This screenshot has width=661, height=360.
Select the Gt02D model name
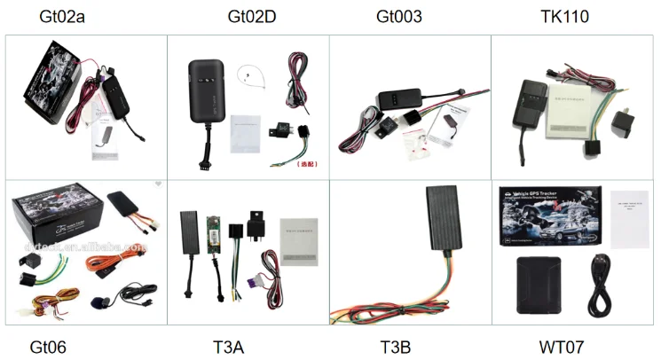tap(248, 16)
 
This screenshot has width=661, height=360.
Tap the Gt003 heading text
tap(398, 16)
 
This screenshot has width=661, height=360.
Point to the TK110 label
tap(564, 16)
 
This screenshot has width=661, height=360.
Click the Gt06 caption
tap(48, 345)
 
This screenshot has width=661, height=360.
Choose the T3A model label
tap(229, 345)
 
